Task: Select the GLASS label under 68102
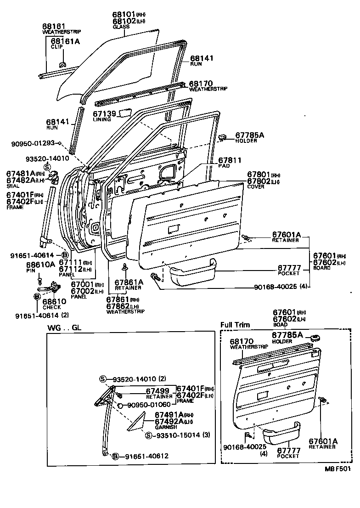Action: pos(121,27)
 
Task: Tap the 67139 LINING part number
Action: pos(102,113)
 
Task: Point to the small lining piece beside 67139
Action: pos(125,113)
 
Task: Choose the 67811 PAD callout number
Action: pos(229,160)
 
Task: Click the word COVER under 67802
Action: pos(256,187)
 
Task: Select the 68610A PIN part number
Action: pos(40,265)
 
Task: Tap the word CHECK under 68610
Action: pos(51,307)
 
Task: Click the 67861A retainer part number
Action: pos(129,282)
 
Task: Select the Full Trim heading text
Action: pos(235,325)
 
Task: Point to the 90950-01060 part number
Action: pos(149,405)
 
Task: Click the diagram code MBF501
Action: pos(338,468)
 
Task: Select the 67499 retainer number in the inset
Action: pos(159,390)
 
